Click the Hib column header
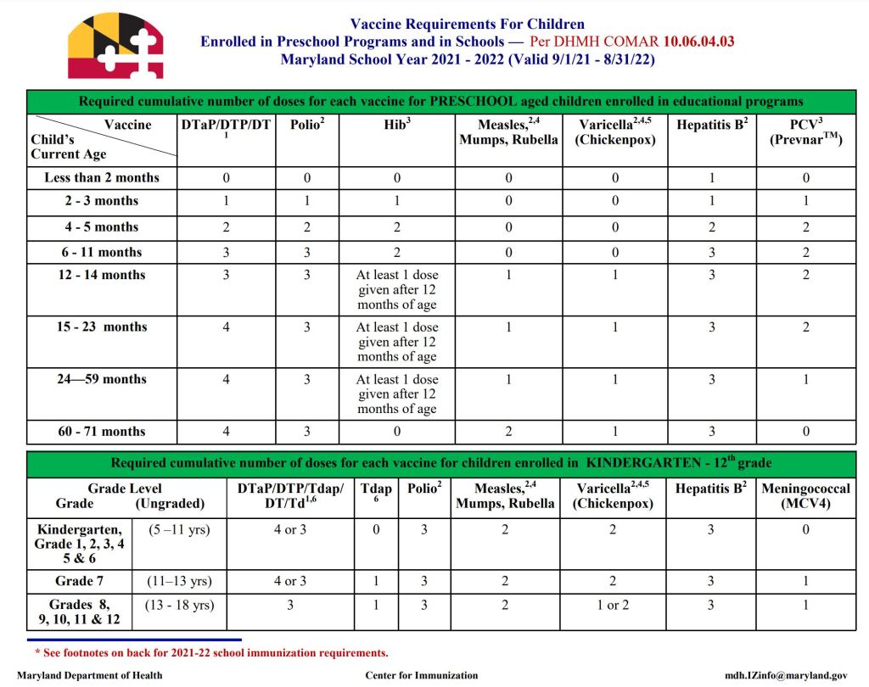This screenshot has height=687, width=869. (x=396, y=126)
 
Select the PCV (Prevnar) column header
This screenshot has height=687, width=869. (x=805, y=132)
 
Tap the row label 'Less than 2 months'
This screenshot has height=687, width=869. (x=102, y=178)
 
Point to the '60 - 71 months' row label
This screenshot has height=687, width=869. (x=102, y=432)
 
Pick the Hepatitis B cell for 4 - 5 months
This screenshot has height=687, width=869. (x=711, y=227)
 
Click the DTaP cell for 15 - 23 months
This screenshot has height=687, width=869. (x=226, y=327)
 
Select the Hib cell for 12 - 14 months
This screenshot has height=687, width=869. (x=396, y=290)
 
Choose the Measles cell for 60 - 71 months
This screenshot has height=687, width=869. (x=507, y=432)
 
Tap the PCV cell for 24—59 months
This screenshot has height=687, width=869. (x=805, y=380)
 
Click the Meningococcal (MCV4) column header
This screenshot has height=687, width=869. (x=805, y=496)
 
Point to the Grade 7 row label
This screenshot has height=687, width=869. (x=80, y=582)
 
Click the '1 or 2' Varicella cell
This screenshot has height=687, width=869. (x=614, y=606)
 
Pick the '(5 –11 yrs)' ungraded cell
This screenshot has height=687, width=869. (x=179, y=530)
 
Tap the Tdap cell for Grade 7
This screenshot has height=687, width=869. (x=376, y=582)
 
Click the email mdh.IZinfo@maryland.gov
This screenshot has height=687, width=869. (x=785, y=676)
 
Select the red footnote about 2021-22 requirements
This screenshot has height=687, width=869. (x=211, y=653)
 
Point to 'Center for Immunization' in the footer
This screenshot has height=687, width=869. (x=421, y=676)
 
